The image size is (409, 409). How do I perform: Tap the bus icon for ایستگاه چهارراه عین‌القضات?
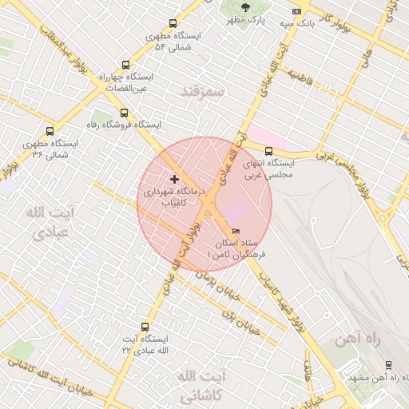124,66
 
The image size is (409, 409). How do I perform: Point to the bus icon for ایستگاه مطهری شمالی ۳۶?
50,131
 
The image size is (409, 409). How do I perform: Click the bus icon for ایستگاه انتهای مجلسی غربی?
268,149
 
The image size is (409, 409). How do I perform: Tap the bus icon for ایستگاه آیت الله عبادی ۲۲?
145,327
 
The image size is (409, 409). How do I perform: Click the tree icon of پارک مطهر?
244,6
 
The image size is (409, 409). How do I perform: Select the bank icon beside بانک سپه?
296,11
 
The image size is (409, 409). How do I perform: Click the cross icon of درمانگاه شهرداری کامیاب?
175,179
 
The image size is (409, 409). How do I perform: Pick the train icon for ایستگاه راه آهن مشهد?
388,365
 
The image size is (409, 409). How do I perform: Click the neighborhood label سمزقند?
204,91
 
